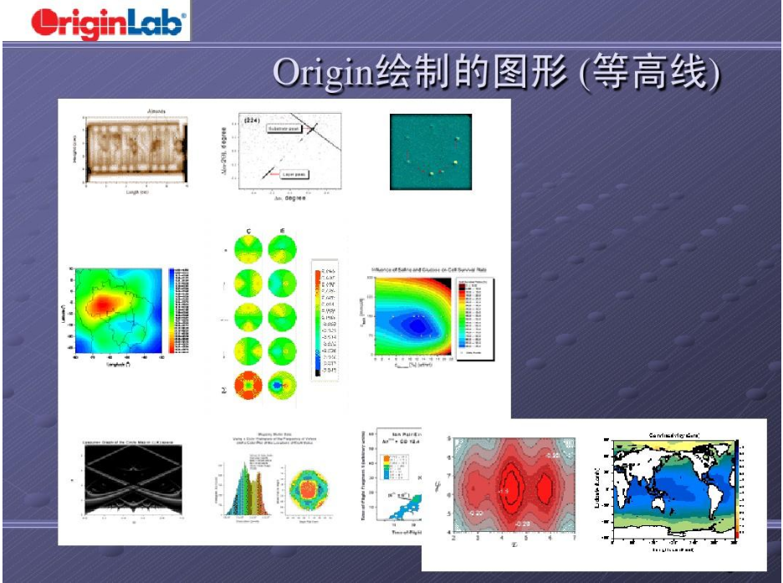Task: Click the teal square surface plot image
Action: [x=430, y=152]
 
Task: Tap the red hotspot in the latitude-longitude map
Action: [x=104, y=303]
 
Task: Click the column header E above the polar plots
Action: [x=283, y=231]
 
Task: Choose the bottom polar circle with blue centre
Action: [x=283, y=387]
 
